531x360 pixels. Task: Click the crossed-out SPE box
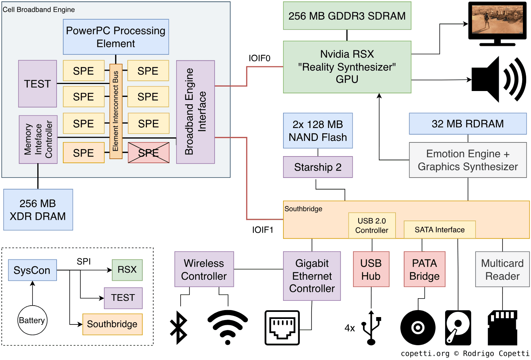tap(148, 152)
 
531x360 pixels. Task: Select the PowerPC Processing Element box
tap(116, 37)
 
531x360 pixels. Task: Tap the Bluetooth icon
tap(178, 327)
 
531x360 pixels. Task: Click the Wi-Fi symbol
tap(228, 327)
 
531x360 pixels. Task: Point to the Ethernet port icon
tap(282, 327)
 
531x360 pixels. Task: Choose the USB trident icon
tap(371, 327)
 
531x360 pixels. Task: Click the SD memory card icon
tap(502, 327)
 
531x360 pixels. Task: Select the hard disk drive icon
tap(458, 327)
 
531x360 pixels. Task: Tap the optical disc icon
tap(418, 327)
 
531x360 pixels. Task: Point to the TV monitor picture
tap(497, 23)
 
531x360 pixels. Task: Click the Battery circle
tap(33, 320)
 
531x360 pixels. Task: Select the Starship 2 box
tap(318, 167)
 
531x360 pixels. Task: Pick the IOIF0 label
tap(259, 58)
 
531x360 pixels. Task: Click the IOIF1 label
tap(263, 230)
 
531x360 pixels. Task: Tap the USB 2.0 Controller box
tap(372, 225)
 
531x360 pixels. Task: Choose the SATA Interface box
tap(440, 230)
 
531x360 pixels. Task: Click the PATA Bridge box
tap(424, 269)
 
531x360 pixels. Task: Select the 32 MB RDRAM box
tap(468, 124)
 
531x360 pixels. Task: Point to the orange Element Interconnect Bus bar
tap(116, 111)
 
